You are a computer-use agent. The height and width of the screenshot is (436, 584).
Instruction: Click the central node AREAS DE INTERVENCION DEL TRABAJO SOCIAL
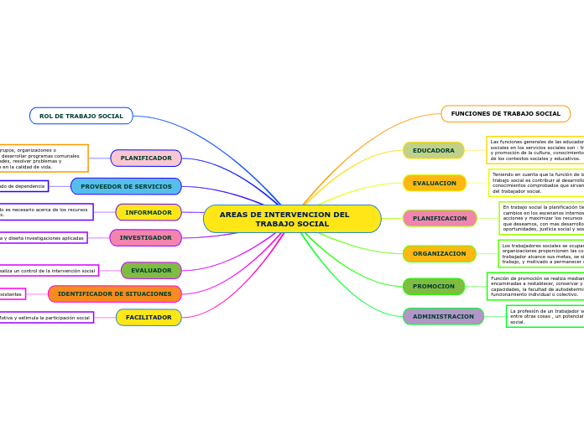tap(292, 219)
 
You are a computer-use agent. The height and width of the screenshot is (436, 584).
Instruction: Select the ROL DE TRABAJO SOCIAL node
tap(81, 116)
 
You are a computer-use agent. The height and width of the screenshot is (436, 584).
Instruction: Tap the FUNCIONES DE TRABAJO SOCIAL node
tap(505, 113)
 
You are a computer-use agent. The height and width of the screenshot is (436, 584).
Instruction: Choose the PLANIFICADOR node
tap(146, 158)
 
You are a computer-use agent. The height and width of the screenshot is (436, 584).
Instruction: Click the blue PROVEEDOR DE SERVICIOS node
tap(126, 186)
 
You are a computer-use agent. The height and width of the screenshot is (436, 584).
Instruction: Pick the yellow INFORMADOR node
tap(149, 212)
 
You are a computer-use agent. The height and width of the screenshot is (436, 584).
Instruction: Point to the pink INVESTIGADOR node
tap(145, 237)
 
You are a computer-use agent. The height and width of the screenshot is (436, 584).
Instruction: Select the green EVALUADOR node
tap(151, 270)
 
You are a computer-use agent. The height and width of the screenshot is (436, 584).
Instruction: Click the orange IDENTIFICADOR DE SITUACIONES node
tap(114, 293)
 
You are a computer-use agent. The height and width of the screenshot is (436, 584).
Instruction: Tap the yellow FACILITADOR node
tap(149, 317)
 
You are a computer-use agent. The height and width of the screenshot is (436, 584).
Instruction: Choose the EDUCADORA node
tap(433, 150)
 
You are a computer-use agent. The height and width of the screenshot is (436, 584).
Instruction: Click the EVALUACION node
tap(434, 183)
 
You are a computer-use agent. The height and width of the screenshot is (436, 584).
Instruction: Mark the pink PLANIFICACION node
tap(439, 218)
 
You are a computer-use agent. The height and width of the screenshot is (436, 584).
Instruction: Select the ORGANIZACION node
tap(439, 253)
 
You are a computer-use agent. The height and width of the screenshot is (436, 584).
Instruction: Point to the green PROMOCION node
tap(433, 286)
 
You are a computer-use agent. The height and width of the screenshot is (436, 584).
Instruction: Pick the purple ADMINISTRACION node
tap(443, 316)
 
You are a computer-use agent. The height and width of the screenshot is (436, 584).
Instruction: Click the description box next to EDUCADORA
tap(535, 150)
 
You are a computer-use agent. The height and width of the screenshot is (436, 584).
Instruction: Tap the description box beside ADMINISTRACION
tap(545, 316)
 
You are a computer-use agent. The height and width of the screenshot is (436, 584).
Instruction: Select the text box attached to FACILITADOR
tap(45, 318)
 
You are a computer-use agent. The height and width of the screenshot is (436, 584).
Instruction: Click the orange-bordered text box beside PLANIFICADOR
tap(42, 158)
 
